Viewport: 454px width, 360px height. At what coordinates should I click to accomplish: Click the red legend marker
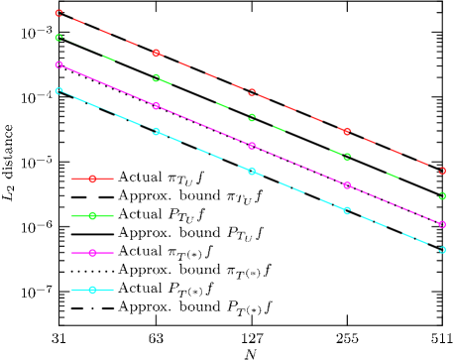92,180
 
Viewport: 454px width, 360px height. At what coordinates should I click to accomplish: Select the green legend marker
92,215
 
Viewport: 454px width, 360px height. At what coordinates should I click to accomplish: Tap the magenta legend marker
92,253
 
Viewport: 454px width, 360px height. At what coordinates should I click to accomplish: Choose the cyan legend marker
92,290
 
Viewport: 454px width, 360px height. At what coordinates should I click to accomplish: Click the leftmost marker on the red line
59,14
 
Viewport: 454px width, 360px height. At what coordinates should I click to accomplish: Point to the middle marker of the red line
252,93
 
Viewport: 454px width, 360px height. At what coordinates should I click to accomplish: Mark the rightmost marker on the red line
442,171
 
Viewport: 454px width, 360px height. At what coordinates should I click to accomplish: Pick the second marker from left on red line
156,54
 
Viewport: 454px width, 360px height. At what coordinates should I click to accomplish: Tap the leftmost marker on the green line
59,38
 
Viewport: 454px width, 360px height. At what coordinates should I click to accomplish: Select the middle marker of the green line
252,117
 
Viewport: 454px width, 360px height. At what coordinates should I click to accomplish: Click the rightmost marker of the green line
442,196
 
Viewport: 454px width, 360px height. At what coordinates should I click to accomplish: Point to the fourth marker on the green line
347,157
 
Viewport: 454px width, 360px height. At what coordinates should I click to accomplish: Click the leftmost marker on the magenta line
59,65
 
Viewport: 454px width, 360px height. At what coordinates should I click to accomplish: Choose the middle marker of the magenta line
252,146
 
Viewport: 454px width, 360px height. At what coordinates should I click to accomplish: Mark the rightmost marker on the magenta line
442,224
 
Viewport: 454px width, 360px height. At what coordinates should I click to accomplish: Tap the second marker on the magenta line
156,105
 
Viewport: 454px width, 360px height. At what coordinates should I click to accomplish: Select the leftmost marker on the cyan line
59,91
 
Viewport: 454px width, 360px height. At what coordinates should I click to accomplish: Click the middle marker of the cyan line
252,172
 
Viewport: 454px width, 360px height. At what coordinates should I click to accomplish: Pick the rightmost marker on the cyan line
442,250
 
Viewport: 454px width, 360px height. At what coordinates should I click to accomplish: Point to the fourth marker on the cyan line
347,210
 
